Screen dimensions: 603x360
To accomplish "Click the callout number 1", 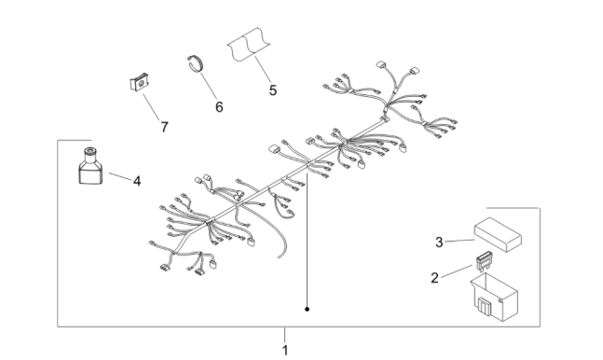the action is (285, 351).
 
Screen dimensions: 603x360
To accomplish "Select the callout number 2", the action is (434, 278).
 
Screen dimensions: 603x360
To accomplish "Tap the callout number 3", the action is (439, 242).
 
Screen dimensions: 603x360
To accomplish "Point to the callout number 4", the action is (137, 181).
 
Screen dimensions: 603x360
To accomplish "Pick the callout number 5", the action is (273, 90).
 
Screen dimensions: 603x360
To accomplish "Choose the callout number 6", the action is (219, 107).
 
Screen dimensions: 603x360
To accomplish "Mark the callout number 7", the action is (165, 127).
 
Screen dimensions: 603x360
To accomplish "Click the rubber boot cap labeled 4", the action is (90, 166).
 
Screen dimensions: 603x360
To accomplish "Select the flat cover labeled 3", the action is (498, 234).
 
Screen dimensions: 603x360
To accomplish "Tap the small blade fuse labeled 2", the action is (484, 262).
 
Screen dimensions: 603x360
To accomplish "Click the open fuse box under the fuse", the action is (494, 297).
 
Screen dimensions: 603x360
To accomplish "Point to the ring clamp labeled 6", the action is (196, 63).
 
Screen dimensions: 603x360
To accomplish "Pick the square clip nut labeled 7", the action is (139, 82).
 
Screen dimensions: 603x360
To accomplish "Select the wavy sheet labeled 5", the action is (249, 44).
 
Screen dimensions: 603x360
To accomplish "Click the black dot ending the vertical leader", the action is (307, 309).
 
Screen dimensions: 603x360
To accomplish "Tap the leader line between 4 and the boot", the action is (120, 176).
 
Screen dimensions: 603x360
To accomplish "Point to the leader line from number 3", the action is (460, 241).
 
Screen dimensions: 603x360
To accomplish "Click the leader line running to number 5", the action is (263, 70).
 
